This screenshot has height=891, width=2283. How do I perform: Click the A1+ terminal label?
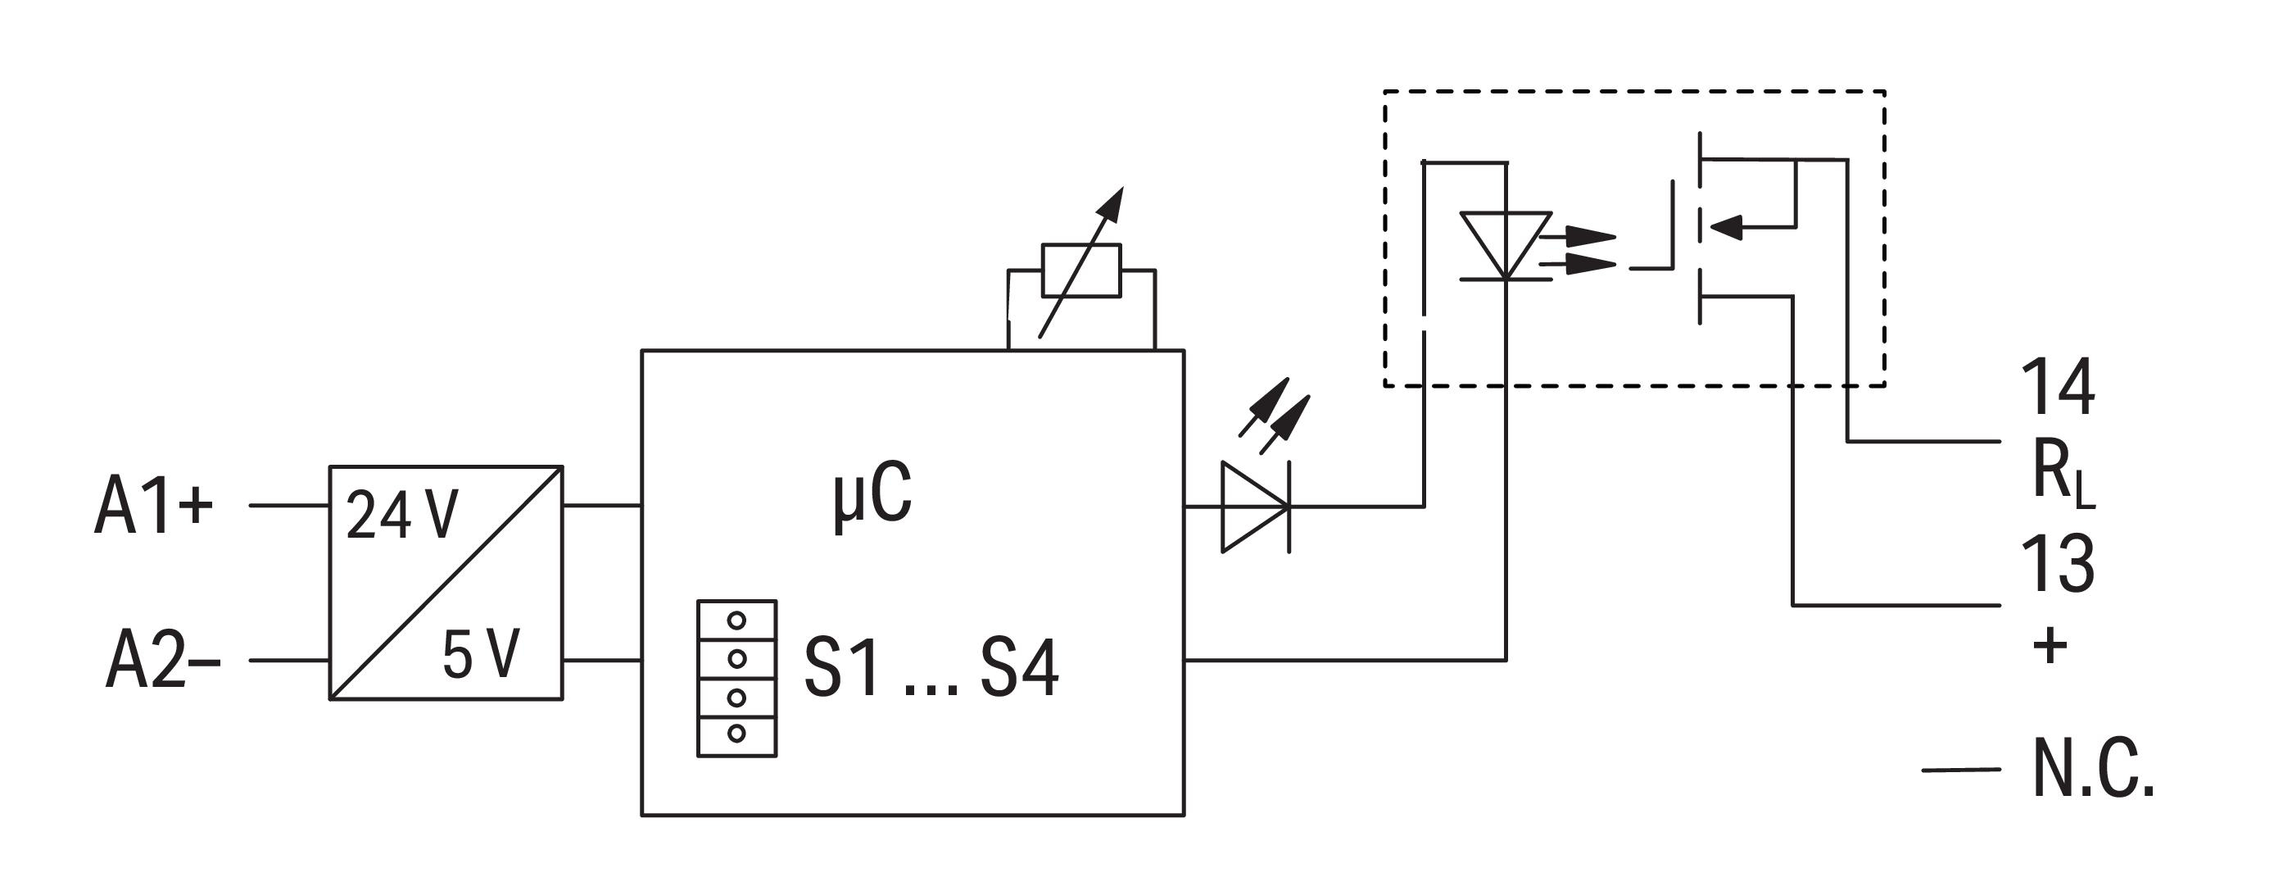click(x=153, y=507)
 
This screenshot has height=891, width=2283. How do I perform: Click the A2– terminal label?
click(x=162, y=661)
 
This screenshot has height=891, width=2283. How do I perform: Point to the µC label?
click(x=872, y=497)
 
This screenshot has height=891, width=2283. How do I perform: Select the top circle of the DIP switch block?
click(x=736, y=621)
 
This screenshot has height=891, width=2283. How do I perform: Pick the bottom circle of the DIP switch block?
click(x=736, y=733)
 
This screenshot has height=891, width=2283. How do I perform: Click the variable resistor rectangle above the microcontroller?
click(x=1081, y=270)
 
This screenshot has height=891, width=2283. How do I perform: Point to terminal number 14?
click(x=2057, y=388)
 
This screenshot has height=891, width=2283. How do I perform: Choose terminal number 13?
click(x=2057, y=563)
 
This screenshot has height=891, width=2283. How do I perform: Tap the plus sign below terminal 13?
click(x=2049, y=644)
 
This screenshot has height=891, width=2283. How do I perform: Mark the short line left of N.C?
click(x=1960, y=771)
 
